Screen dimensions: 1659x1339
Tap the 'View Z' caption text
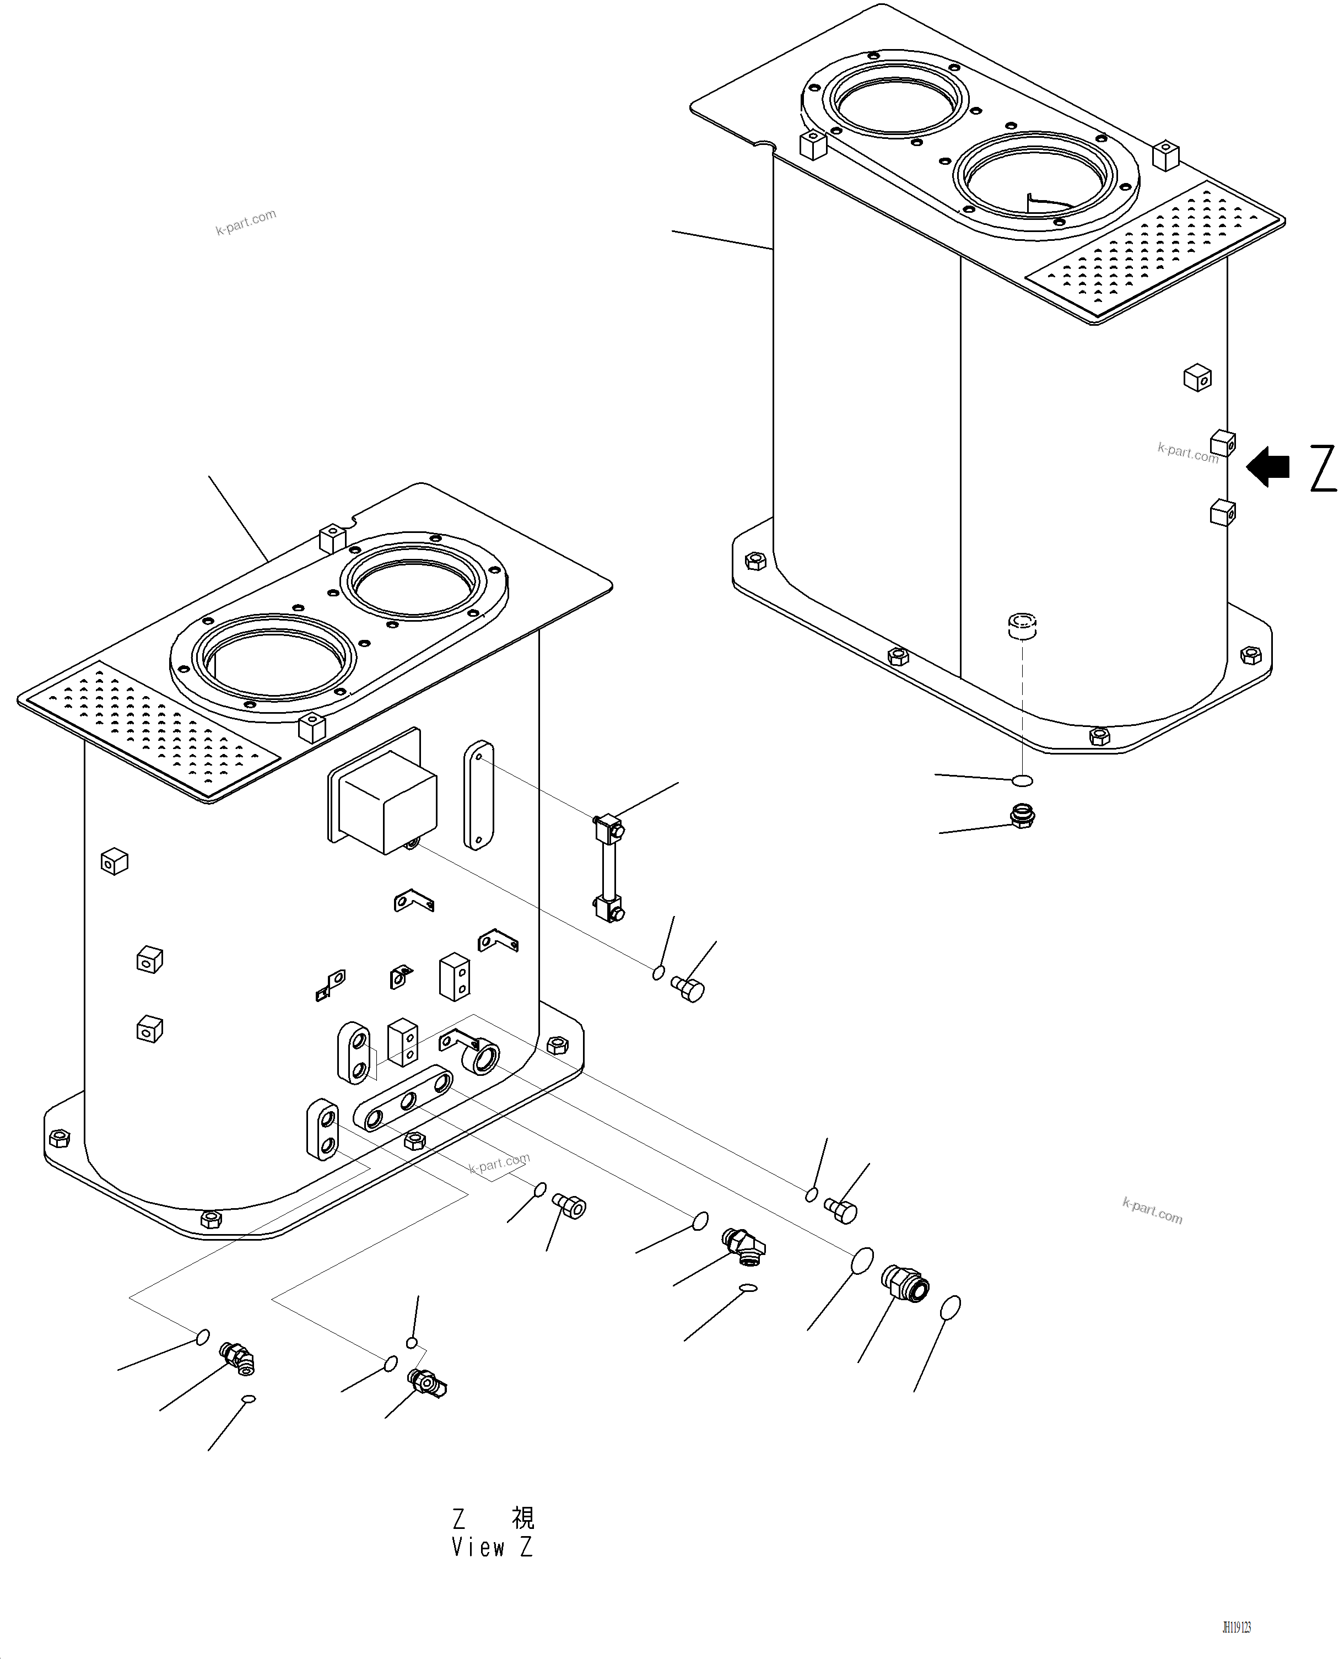(492, 1547)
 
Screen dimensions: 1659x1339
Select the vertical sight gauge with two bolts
(608, 868)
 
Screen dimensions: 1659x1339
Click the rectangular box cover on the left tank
(384, 802)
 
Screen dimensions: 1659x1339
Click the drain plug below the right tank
(1022, 816)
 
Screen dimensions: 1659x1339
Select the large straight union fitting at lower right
(905, 1283)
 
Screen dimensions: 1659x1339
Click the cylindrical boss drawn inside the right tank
(1023, 624)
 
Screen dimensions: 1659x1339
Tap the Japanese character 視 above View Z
(523, 1518)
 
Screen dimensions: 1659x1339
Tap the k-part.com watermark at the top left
(245, 222)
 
